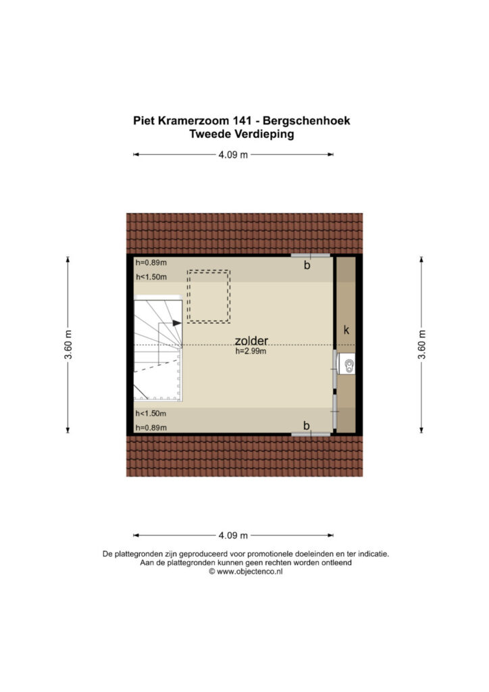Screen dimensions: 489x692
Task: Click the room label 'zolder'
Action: tap(251, 341)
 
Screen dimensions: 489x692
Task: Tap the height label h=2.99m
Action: tap(251, 351)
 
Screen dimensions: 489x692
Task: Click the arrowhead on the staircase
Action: tap(177, 323)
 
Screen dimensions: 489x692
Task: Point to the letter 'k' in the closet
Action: tap(346, 330)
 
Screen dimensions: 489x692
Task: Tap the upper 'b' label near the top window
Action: tap(307, 265)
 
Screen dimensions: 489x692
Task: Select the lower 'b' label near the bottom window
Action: tap(307, 426)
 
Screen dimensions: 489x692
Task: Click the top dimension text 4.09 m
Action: tap(233, 155)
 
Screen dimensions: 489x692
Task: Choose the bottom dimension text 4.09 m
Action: tap(233, 535)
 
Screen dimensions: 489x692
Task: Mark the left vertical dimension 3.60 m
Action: tap(69, 345)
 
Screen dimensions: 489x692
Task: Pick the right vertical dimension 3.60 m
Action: tap(422, 345)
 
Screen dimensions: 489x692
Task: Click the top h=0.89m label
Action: tap(151, 263)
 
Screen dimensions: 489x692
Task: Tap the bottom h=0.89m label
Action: tap(151, 428)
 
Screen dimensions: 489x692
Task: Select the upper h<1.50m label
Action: tap(151, 277)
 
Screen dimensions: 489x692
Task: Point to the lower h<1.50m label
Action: tap(151, 414)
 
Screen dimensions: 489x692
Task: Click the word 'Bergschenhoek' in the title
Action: tap(307, 120)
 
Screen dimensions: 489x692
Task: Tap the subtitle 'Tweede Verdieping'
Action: tap(242, 134)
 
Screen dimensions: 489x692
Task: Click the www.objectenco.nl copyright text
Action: tap(246, 572)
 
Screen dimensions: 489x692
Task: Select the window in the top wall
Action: tap(311, 255)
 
